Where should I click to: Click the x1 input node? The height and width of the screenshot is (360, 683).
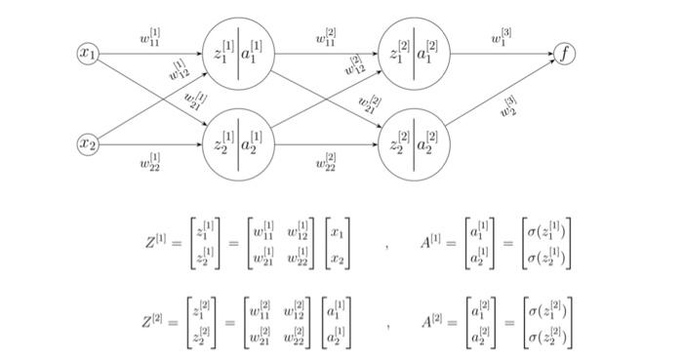click(88, 55)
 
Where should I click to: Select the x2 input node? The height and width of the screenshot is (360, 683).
click(88, 144)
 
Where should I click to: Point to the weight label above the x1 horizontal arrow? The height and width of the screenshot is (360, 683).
click(149, 39)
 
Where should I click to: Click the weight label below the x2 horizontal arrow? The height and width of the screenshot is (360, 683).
click(149, 162)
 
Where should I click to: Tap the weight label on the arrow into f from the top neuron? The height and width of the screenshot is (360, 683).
click(502, 39)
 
